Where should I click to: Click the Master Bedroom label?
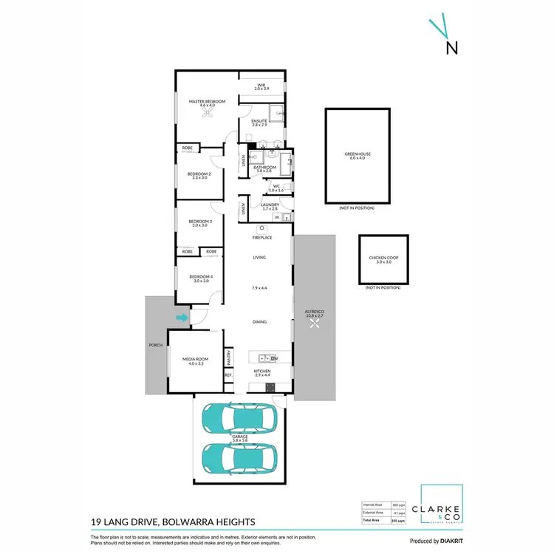tap(207, 102)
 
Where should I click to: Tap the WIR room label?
tap(261, 86)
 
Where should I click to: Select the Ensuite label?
tap(259, 122)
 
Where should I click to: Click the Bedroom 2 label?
tap(199, 175)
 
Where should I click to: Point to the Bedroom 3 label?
tap(199, 222)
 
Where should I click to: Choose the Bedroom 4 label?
tap(201, 278)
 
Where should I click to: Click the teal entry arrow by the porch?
tap(182, 318)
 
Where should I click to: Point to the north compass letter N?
tap(451, 47)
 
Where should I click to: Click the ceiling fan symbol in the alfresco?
tap(315, 323)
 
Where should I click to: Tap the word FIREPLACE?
tap(263, 238)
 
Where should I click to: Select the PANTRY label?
tap(229, 358)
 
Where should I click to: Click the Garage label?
tap(240, 437)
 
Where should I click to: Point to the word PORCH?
tap(156, 345)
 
